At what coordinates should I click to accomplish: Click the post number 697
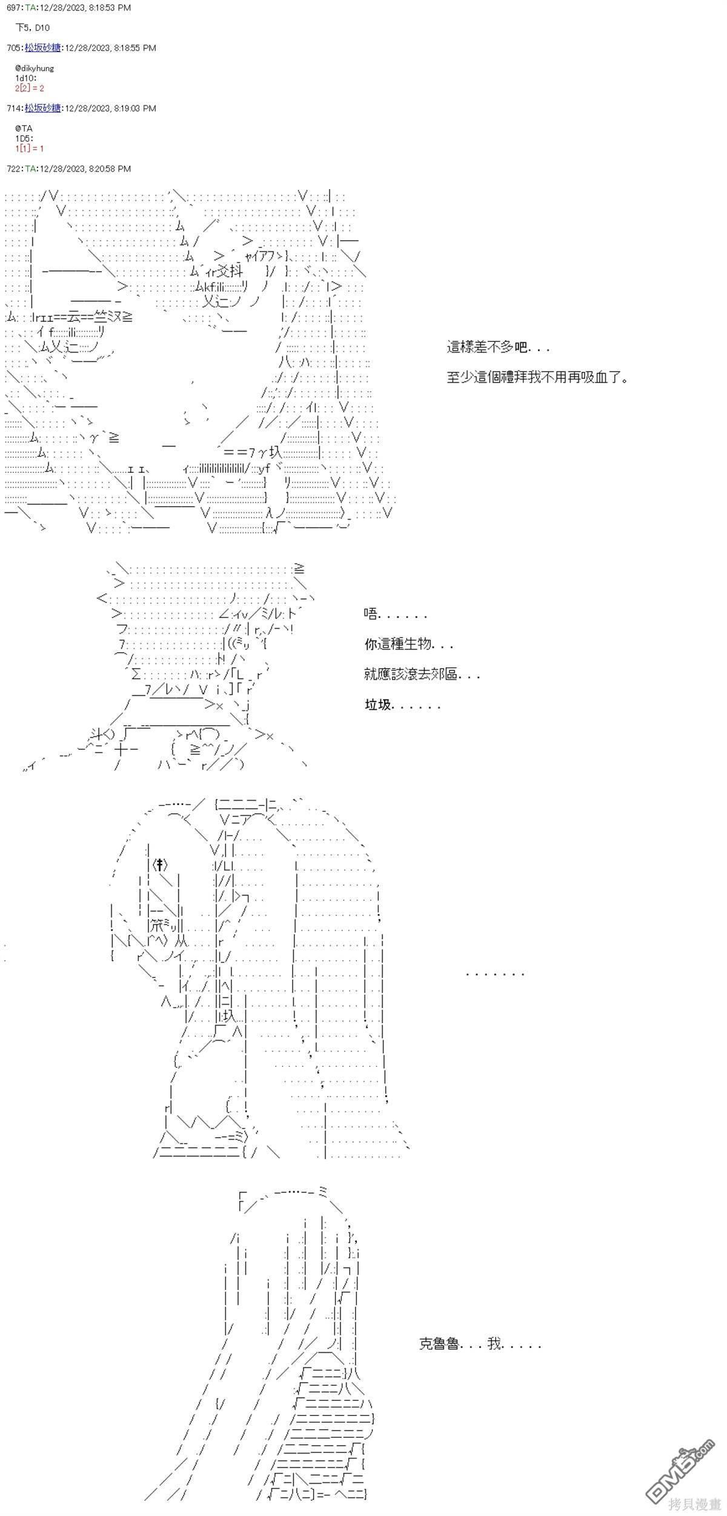(x=13, y=8)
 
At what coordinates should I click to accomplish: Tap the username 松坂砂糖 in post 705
(x=42, y=48)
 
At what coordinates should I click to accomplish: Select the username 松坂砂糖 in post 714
(x=42, y=109)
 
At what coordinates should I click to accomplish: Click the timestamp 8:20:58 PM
(x=109, y=169)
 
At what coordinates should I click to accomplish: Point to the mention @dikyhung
(x=35, y=68)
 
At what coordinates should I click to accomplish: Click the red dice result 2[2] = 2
(x=30, y=88)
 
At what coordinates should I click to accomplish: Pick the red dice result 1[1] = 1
(x=30, y=149)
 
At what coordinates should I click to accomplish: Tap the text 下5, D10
(x=33, y=28)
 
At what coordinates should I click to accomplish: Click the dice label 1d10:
(x=26, y=78)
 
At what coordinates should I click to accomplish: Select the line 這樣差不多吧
(x=498, y=348)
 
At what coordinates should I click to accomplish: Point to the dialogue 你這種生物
(x=408, y=644)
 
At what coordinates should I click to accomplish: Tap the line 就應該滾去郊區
(x=422, y=674)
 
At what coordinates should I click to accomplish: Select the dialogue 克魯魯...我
(x=479, y=1343)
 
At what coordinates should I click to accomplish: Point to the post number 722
(x=13, y=169)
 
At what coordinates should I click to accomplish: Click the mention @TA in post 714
(x=24, y=129)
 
